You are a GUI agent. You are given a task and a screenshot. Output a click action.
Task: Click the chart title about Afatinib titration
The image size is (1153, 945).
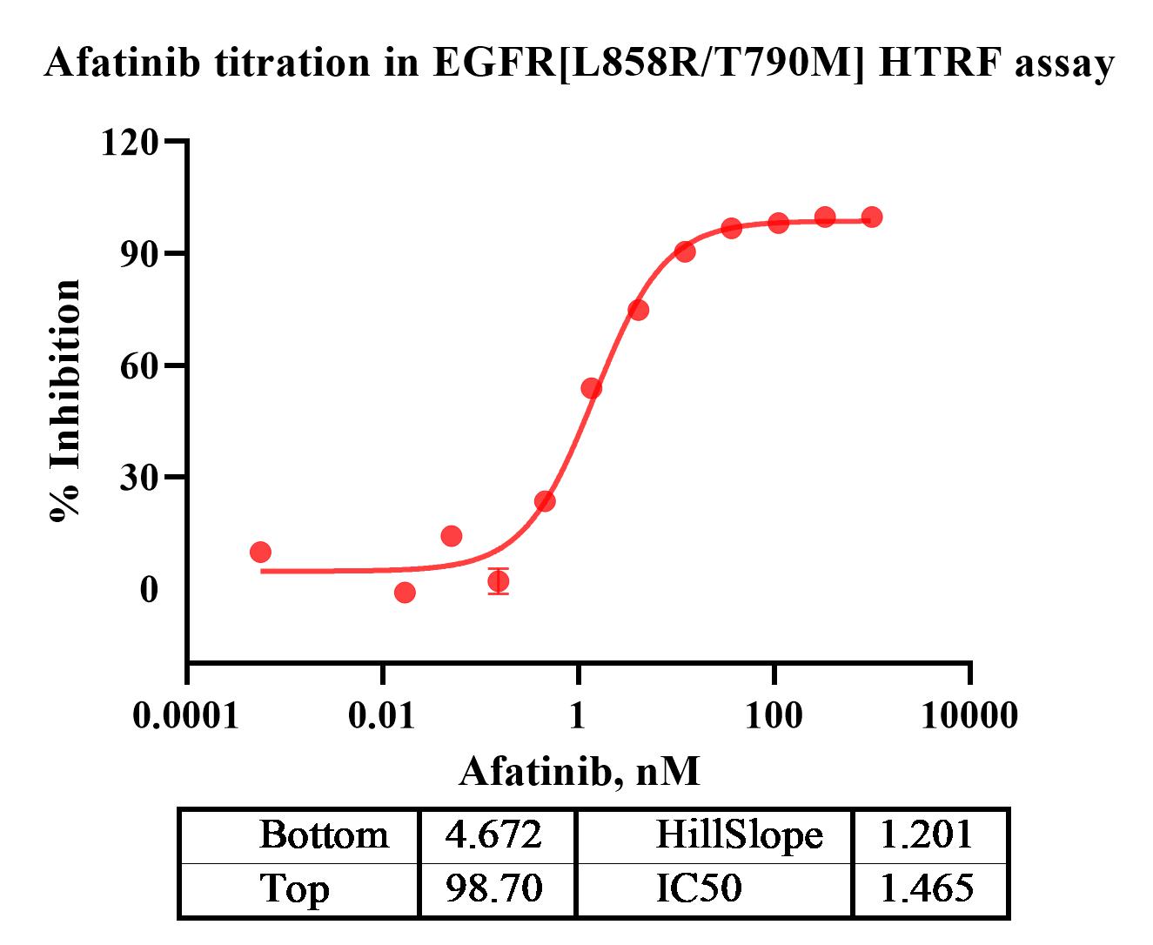pos(579,63)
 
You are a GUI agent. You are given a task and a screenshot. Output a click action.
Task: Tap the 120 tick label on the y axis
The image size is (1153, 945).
pos(130,142)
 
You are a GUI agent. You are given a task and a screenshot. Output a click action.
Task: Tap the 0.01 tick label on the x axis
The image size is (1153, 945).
pos(382,715)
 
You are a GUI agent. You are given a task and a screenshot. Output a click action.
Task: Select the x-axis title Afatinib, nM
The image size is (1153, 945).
pos(579,771)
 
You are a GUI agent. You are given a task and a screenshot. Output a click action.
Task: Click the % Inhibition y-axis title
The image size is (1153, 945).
pos(66,400)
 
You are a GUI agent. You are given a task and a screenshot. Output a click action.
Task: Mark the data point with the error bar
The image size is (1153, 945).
pos(498,580)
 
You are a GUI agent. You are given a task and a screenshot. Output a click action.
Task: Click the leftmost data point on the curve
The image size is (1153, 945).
pos(260,552)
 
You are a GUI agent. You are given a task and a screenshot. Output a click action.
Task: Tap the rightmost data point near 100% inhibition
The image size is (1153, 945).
pos(871,217)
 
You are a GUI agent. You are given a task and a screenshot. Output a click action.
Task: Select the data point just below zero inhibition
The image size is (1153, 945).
pos(405,593)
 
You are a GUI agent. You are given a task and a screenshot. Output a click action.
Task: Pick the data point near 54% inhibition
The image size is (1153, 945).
pos(591,388)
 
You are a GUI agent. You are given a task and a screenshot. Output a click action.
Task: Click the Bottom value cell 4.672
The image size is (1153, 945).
pos(493,835)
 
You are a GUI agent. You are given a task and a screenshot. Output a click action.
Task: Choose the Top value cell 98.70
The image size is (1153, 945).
pos(493,888)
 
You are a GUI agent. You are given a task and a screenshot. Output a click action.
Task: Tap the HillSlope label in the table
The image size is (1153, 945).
pos(739,835)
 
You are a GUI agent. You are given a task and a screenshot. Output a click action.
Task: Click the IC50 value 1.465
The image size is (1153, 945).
pos(927,888)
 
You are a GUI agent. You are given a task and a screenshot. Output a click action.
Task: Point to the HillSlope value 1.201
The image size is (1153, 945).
pos(927,835)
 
